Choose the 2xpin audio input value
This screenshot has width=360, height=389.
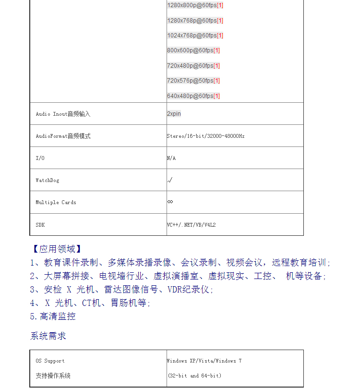coord(174,114)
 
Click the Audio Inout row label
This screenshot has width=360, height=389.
coord(63,114)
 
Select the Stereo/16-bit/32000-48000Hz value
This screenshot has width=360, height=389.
coord(205,136)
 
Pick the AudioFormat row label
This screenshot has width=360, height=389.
coord(63,136)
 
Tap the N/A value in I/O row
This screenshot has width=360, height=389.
coord(171,158)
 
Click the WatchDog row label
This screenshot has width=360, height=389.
coord(48,181)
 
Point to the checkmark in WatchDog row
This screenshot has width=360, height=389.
coord(169,181)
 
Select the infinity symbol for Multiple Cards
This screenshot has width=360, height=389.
coord(170,202)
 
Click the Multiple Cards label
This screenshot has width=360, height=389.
coord(56,203)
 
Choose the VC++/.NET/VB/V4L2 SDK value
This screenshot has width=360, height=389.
coord(191,225)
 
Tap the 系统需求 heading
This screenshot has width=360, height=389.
coord(48,336)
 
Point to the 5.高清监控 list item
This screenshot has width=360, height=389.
coord(53,316)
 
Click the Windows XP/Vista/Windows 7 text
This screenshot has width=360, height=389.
coord(204,361)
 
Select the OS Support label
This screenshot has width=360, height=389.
coord(50,361)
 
